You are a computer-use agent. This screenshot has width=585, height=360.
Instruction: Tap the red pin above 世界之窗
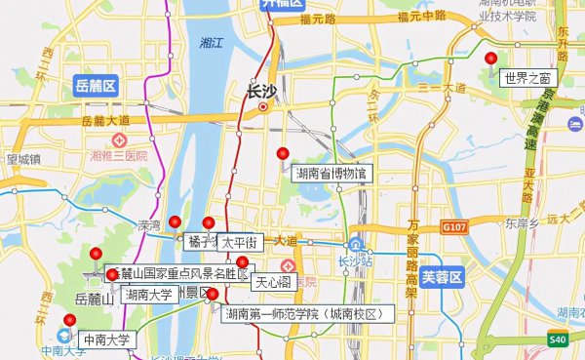click(491, 60)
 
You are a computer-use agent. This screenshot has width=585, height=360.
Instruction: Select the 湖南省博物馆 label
click(333, 174)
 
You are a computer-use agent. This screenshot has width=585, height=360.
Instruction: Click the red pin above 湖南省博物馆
click(283, 153)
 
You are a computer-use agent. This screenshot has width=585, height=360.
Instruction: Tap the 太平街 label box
click(238, 241)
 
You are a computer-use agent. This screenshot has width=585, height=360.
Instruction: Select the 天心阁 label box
click(272, 283)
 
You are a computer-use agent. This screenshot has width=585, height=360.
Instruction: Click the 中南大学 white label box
click(106, 340)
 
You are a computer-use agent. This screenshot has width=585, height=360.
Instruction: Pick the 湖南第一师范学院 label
click(301, 313)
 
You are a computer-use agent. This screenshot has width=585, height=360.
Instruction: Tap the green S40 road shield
click(557, 340)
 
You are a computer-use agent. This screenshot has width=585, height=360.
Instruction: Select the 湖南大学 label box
click(148, 294)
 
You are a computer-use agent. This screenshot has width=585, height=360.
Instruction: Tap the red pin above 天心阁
click(241, 261)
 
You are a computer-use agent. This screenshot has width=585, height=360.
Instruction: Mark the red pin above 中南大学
click(69, 320)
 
